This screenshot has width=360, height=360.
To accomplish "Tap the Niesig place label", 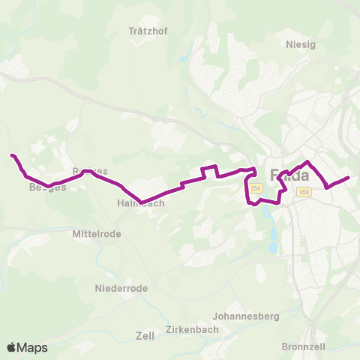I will point(301,44).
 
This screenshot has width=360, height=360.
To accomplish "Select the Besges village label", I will point(47,187).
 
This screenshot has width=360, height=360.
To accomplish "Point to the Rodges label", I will point(90,172).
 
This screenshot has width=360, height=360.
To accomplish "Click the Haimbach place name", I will point(136,203).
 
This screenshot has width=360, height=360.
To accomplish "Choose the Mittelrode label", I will point(96,234).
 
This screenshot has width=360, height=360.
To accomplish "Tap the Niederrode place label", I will point(121,288).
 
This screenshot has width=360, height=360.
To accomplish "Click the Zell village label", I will point(144,335).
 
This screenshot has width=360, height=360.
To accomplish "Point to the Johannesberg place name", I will point(246,316).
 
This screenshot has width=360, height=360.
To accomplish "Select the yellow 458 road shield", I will point(304,192).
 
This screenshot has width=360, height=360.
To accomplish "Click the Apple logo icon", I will point(11,348).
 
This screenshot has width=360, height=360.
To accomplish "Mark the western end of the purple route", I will point(12,155).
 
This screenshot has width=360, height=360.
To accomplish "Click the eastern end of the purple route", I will point(349,178).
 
